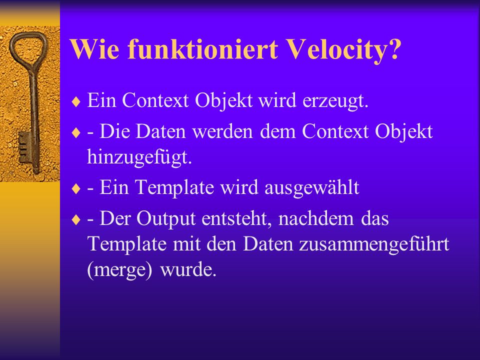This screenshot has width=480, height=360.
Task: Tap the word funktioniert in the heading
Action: pos(202,49)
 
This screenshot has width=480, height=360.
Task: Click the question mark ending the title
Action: pos(395,49)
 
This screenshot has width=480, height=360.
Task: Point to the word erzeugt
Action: pos(335,101)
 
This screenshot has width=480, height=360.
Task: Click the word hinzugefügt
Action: pos(139,157)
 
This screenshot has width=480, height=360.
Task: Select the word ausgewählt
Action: pos(311,187)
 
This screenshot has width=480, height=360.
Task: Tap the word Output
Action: pos(166,219)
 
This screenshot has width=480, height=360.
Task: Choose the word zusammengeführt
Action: pos(374,244)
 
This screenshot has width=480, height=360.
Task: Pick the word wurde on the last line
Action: pos(188,269)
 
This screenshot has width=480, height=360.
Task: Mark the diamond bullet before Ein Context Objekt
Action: pos(76,101)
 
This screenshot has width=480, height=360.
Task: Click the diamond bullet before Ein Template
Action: pos(76,188)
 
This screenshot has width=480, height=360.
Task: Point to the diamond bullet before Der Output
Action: pos(76,219)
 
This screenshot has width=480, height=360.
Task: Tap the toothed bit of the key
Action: pos(25,147)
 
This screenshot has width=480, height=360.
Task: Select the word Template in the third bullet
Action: pos(174,187)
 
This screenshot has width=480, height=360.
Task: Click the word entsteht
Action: pos(236,219)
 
